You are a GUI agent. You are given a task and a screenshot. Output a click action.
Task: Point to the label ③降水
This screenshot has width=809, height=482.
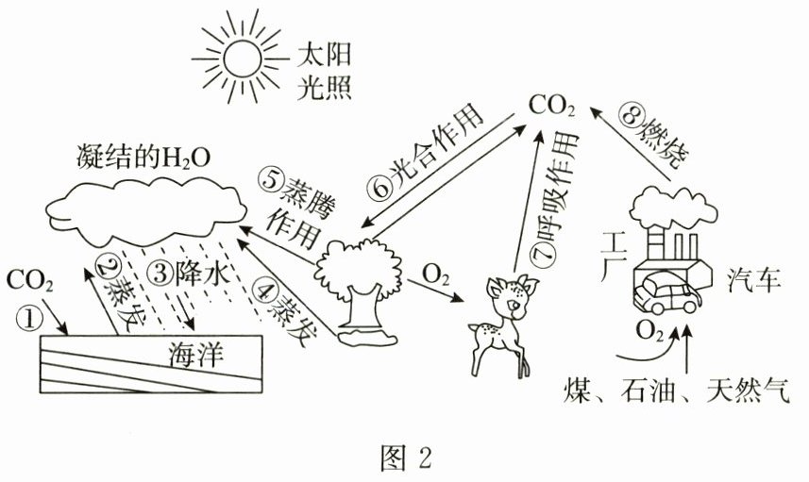coord(190,274)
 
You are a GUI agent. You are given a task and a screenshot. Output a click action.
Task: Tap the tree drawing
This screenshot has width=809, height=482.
coord(356,283)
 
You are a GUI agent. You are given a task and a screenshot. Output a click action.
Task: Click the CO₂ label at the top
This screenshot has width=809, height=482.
coord(551,105)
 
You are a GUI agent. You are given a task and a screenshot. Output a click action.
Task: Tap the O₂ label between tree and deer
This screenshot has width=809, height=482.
coord(435,275)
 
